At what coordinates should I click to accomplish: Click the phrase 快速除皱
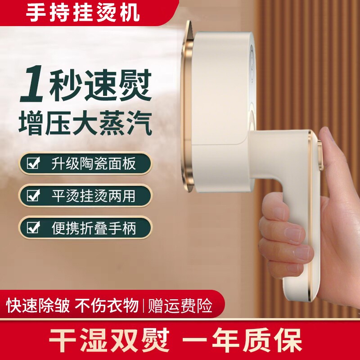(x=38, y=306)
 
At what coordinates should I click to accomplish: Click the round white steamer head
(x=225, y=90)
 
